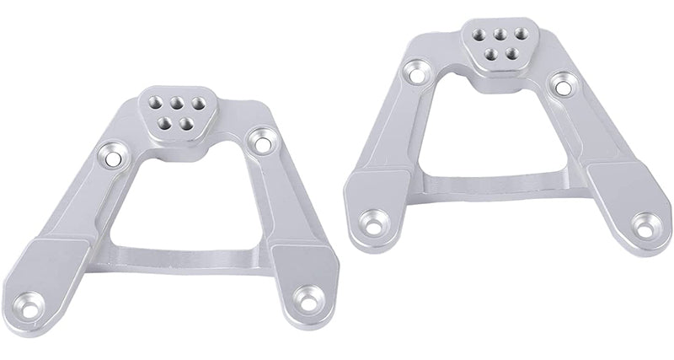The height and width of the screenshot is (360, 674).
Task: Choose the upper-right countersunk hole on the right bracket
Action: (560, 83)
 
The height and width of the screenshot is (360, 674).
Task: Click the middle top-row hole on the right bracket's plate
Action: (487, 35)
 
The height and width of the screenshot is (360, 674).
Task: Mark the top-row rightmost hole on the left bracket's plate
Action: (185, 102)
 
